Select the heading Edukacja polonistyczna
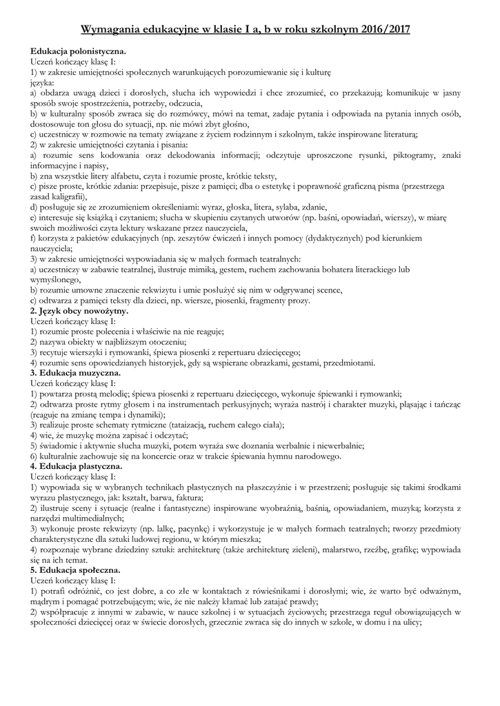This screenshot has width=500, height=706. click(78, 51)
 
